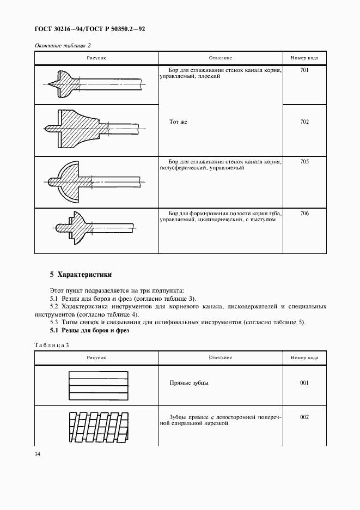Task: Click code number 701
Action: pos(304,70)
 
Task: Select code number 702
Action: pos(304,122)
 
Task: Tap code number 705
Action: pos(304,161)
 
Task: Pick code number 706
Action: pos(304,213)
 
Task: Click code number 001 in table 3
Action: pos(304,383)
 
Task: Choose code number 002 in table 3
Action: pos(304,417)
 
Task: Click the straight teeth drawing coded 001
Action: pos(99,386)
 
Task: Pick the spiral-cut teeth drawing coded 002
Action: pos(98,427)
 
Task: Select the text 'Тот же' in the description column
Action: pos(178,122)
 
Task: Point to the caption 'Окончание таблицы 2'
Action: pos(63,45)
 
